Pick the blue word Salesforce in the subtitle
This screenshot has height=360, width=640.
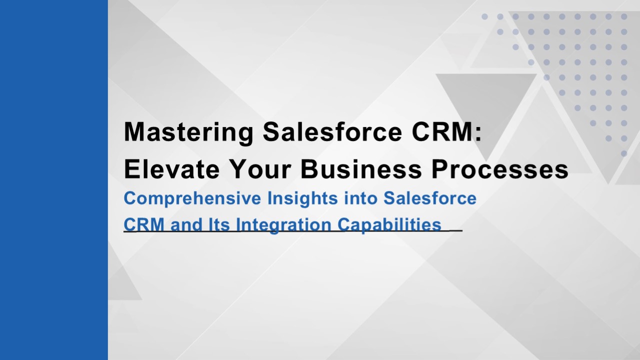430,198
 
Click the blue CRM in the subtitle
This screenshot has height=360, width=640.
144,224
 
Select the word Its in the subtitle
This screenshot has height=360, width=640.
219,224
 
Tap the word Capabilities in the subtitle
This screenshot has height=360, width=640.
389,224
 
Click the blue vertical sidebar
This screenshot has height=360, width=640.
53,180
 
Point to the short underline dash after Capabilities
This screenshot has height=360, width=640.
456,230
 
